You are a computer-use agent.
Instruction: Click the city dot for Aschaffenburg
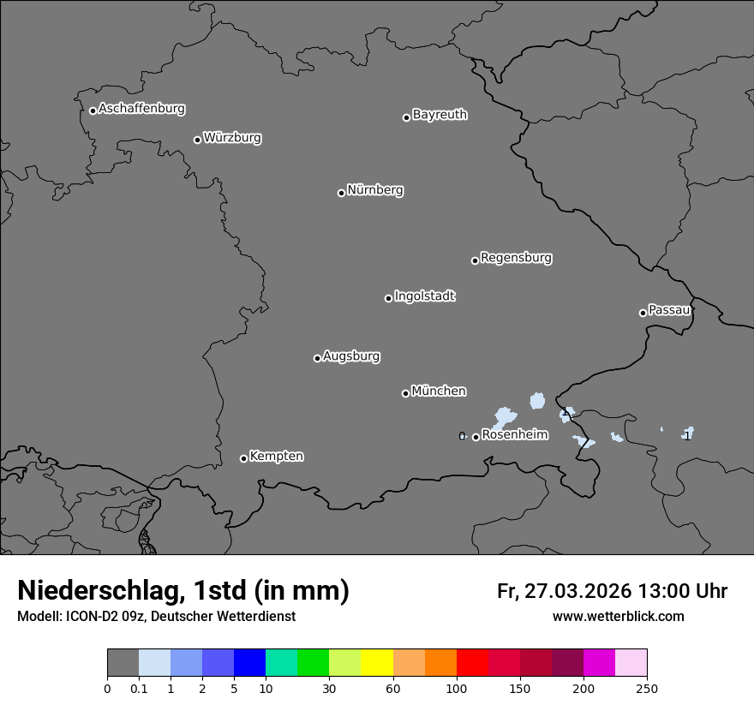(x=93, y=111)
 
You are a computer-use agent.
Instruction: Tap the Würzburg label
(x=232, y=138)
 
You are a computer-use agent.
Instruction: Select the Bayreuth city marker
(x=406, y=117)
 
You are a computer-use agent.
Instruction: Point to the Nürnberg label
(x=375, y=190)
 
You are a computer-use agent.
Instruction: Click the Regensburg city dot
(x=475, y=260)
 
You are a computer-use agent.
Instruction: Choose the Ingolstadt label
(x=425, y=296)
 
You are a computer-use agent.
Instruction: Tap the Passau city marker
(x=643, y=313)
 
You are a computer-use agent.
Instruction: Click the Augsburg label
(x=351, y=356)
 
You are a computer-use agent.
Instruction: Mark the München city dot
(x=405, y=393)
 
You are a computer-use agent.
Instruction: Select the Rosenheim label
(x=514, y=435)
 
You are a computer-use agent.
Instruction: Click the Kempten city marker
(x=243, y=458)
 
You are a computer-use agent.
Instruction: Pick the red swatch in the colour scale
(x=472, y=663)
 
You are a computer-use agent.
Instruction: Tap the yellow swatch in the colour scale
(x=377, y=663)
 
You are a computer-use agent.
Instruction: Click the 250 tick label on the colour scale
(x=646, y=688)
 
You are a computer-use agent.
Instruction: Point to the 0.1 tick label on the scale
(x=139, y=688)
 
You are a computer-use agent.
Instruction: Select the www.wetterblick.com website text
(x=618, y=617)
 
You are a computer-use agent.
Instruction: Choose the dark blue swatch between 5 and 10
(x=249, y=663)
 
